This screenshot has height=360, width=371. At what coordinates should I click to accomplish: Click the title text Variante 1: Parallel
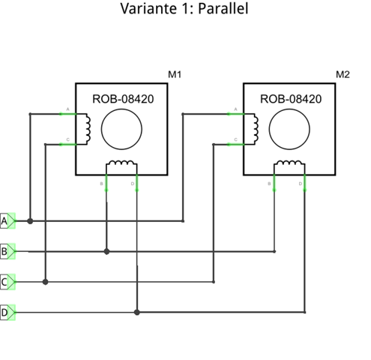coord(184,10)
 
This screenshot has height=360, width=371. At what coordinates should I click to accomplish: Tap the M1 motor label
coord(175,75)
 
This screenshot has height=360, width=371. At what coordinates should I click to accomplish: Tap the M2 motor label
coord(343,75)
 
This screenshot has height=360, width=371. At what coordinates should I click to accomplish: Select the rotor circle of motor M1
coord(121,128)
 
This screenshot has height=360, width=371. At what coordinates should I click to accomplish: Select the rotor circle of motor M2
coord(289,128)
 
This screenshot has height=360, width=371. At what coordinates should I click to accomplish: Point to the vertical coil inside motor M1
coord(87,128)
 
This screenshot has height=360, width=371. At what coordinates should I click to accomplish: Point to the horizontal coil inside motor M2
coord(289,166)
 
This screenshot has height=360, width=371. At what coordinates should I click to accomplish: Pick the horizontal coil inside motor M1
coord(121,166)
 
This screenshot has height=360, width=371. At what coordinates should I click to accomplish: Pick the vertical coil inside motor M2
coord(255,128)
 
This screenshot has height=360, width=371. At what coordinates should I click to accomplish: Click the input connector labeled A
coord(7,221)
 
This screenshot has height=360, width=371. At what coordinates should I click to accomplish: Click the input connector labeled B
coord(7,251)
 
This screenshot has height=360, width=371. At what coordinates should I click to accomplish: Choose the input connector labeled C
coord(7,282)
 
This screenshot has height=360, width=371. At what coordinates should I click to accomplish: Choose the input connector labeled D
coord(7,312)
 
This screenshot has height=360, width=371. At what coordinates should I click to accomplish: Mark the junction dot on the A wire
coord(30,221)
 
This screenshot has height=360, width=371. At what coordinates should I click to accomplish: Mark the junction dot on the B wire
coord(107,251)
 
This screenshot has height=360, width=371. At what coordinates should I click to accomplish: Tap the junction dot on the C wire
coord(46,282)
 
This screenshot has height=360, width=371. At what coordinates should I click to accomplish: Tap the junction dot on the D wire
coord(137,311)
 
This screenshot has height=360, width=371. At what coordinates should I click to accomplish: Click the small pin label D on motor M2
coord(301,183)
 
